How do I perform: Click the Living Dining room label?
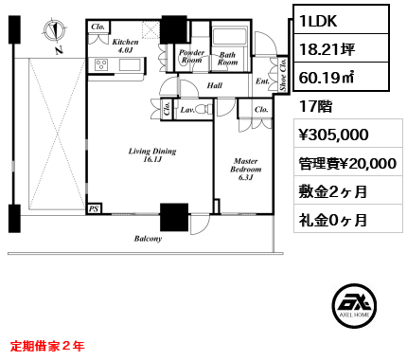(152, 155)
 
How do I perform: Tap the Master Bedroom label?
(245, 169)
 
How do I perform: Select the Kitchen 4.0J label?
(125, 45)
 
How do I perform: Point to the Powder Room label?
(191, 56)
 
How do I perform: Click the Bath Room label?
(227, 59)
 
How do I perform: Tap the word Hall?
(215, 85)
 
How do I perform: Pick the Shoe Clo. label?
(283, 75)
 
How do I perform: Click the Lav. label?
(187, 110)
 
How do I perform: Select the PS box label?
(94, 208)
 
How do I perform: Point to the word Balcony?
(148, 239)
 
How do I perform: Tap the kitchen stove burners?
(101, 64)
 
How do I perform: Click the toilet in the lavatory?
(204, 109)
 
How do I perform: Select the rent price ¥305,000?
(333, 135)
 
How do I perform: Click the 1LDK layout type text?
(318, 21)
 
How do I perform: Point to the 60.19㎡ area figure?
(327, 77)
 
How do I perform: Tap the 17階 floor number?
(315, 106)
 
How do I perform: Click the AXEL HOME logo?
(354, 305)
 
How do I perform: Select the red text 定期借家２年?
(47, 346)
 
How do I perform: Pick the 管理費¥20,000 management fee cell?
(348, 163)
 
